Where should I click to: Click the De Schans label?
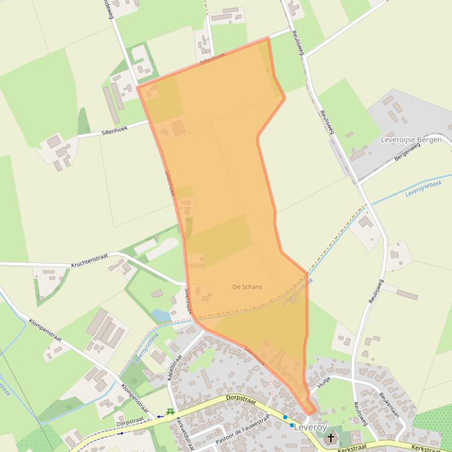click(247, 287)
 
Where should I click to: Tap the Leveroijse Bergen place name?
click(411, 140)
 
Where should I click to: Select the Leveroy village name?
click(310, 427)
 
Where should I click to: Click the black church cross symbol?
click(331, 437)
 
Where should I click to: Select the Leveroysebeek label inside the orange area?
click(297, 291)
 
